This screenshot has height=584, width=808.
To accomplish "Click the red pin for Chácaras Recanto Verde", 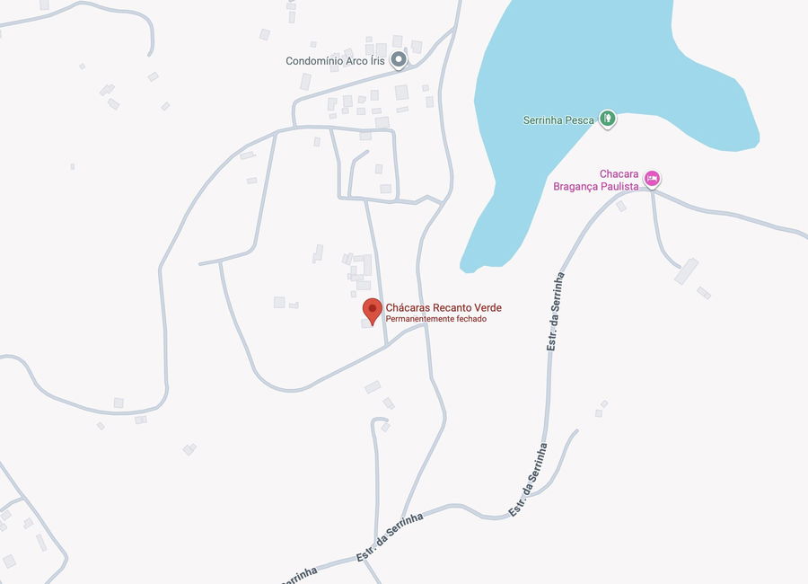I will (372, 311).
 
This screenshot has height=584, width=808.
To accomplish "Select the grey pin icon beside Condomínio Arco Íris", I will (399, 60).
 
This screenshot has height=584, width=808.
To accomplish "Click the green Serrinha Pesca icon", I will (608, 119).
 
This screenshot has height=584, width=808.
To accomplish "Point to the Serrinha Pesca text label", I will (558, 119).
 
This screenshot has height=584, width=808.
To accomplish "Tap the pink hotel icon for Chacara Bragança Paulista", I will (653, 179).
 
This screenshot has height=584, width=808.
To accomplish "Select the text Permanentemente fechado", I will (435, 319).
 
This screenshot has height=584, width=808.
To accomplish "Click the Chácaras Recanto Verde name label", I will (444, 307).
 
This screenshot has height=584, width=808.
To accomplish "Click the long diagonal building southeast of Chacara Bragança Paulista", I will (686, 270).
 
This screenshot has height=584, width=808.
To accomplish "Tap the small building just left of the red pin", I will (364, 323).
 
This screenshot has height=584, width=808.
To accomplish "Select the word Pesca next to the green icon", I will (580, 119).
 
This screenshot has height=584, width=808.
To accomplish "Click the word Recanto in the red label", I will (445, 307).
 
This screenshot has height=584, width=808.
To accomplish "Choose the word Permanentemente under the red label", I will (419, 319).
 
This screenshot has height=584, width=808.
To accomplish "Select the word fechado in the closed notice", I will (470, 319).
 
